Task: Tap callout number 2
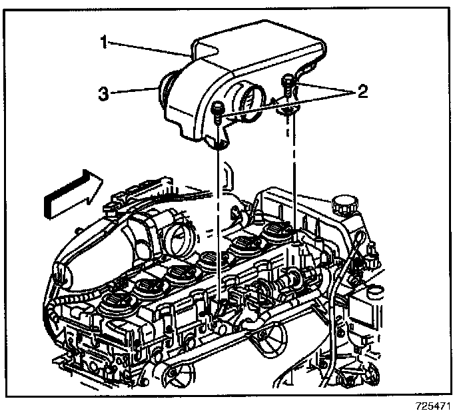click(x=362, y=91)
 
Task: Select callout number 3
click(x=103, y=95)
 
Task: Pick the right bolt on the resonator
click(x=288, y=84)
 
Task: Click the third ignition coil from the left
click(x=180, y=272)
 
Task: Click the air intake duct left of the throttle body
click(x=93, y=246)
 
